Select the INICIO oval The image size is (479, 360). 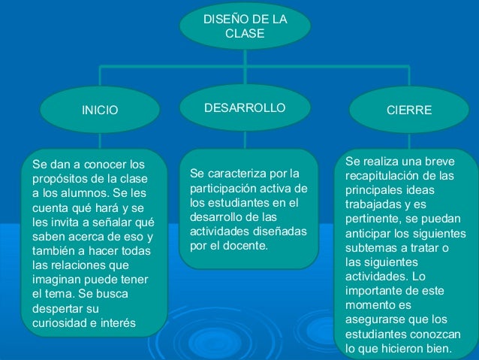(100, 110)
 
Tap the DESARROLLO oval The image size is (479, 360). (245, 108)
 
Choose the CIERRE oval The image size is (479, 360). (408, 110)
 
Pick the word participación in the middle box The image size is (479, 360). (221, 188)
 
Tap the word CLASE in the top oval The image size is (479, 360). (245, 35)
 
